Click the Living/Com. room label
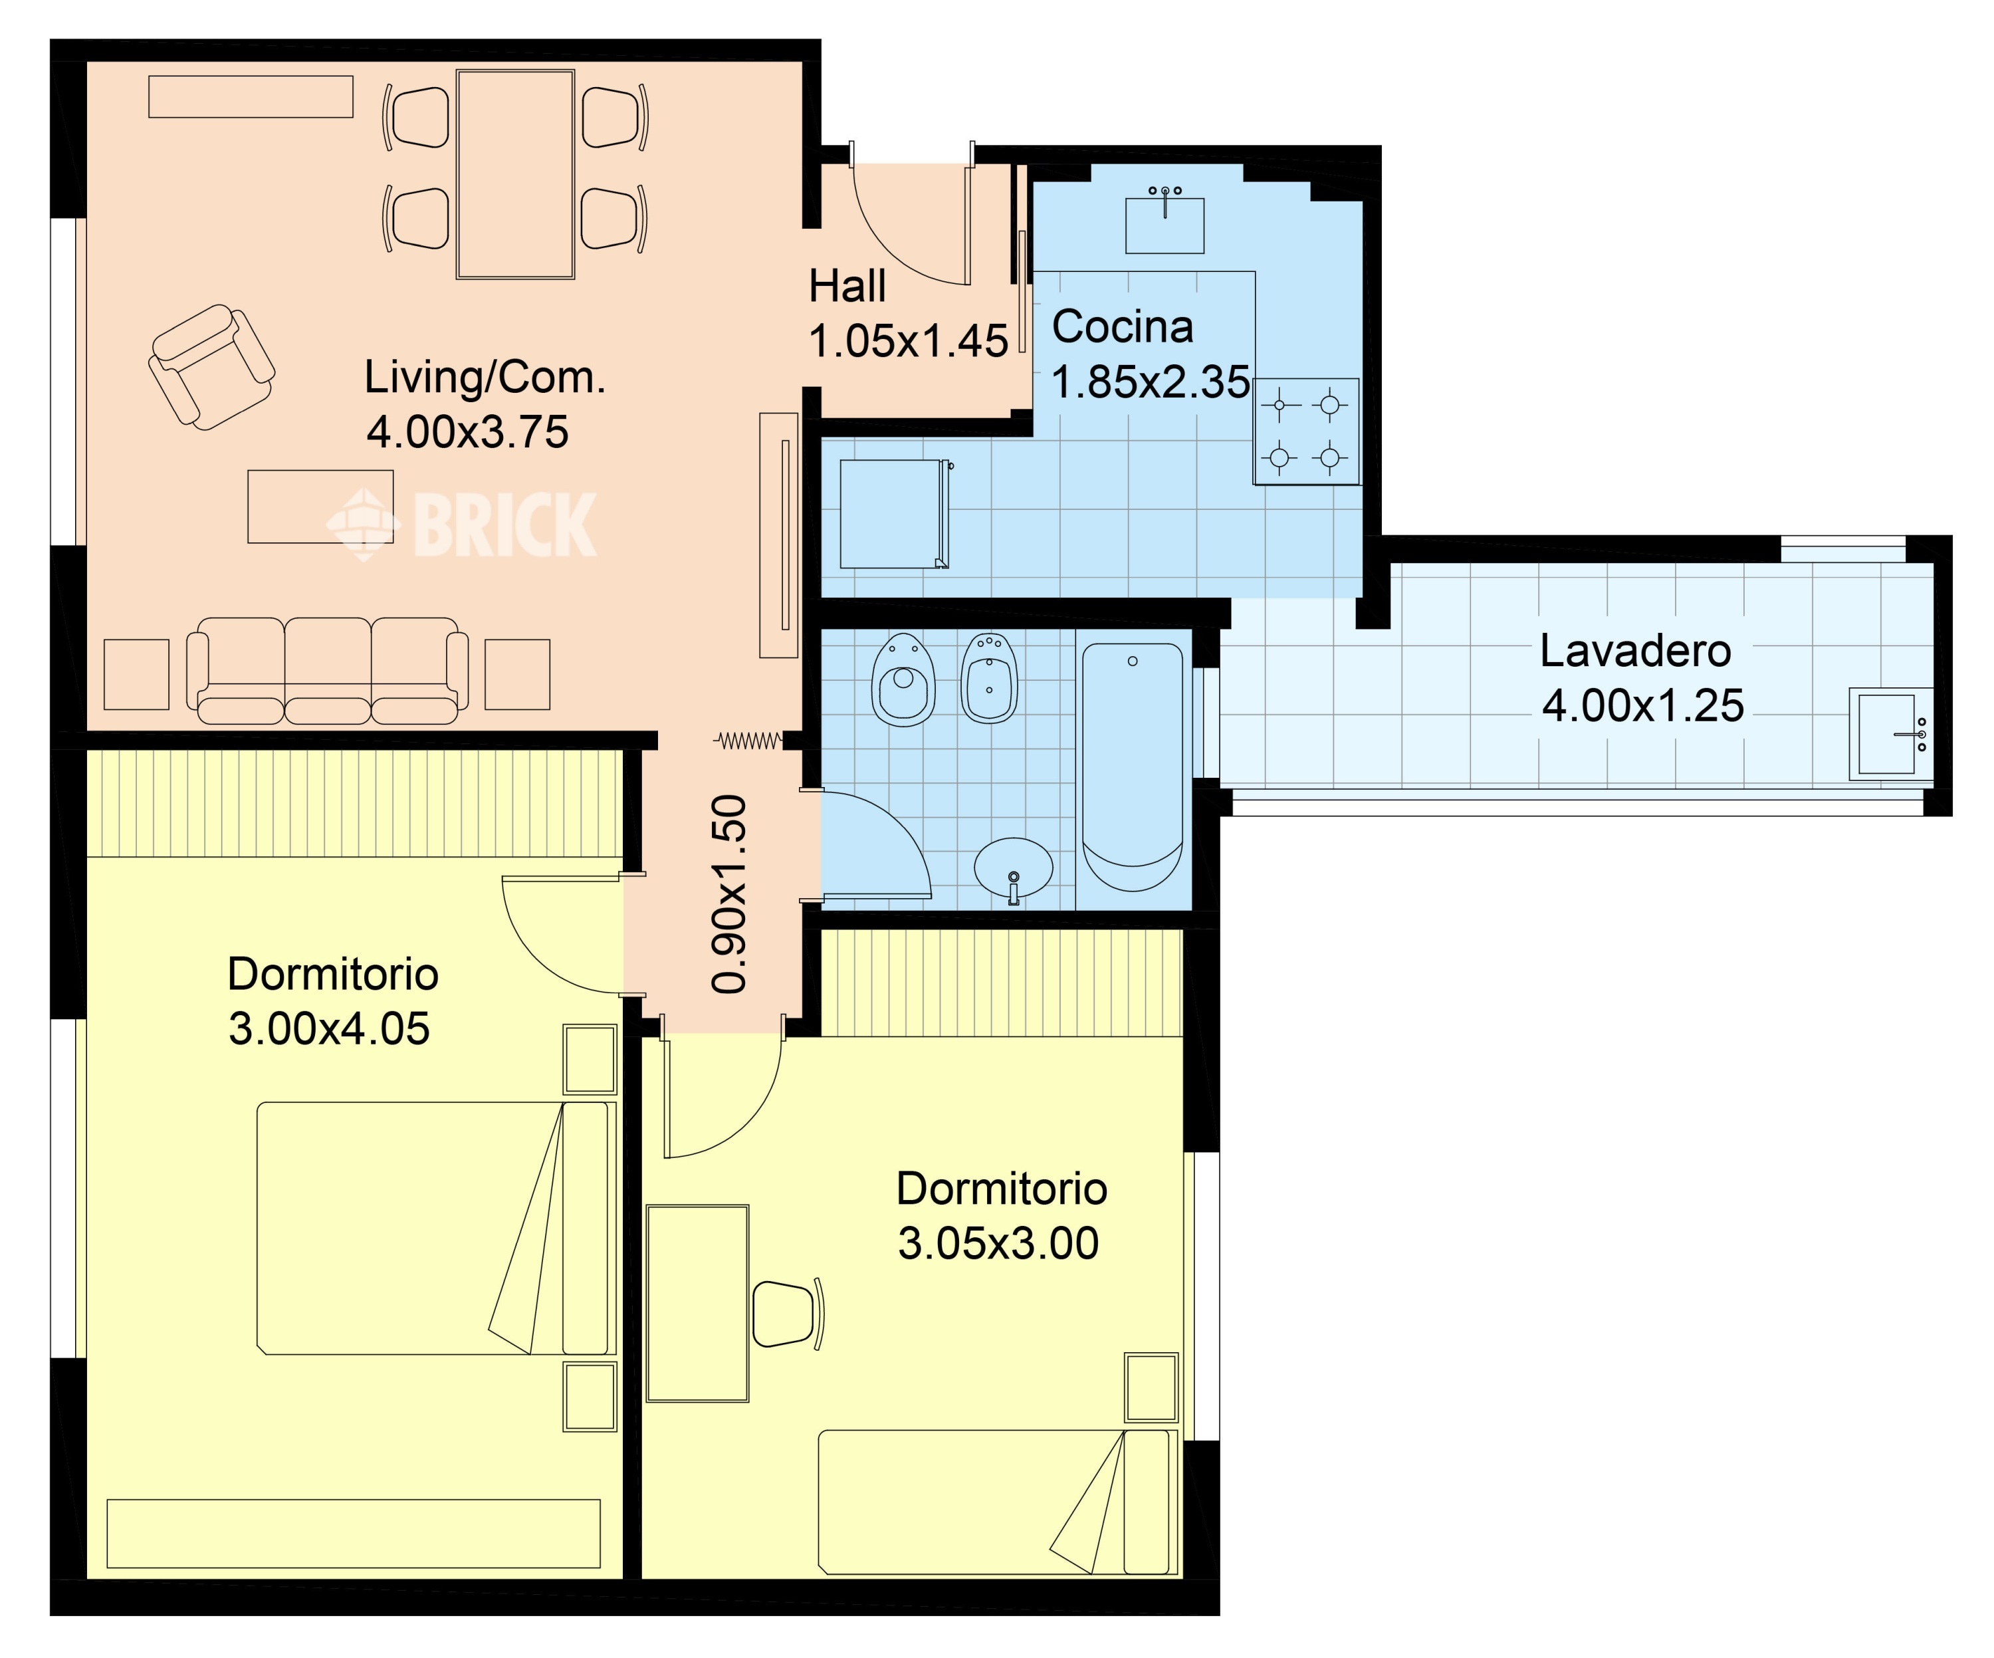(x=485, y=378)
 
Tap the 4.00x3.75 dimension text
(x=467, y=432)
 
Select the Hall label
(x=847, y=286)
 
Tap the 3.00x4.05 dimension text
(x=328, y=1028)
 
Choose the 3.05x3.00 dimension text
(x=998, y=1243)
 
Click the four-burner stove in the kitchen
(x=1305, y=431)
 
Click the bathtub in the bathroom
(x=1133, y=767)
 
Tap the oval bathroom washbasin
(x=1013, y=869)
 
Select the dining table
(x=516, y=174)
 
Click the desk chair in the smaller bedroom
(x=788, y=1313)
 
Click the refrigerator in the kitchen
(x=895, y=514)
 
